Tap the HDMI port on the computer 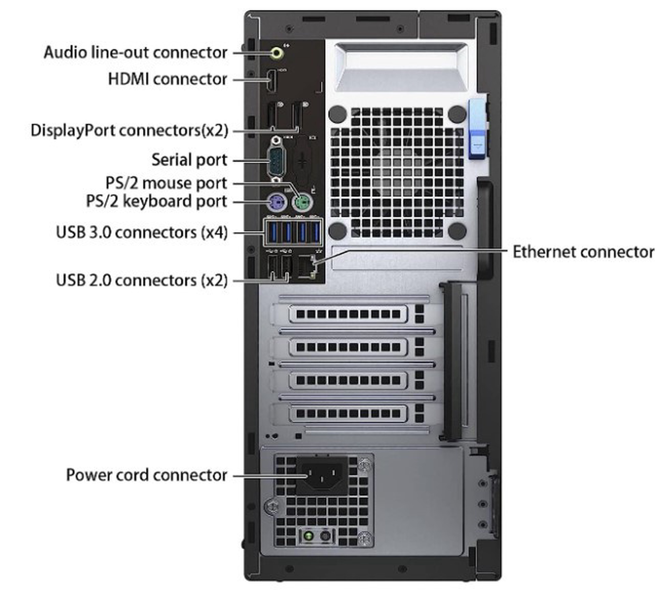pos(272,81)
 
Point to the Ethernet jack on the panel pos(306,267)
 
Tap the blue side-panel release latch pos(477,129)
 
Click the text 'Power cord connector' pos(147,475)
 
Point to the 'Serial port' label pos(189,160)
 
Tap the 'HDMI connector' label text pos(167,79)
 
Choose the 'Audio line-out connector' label pos(136,53)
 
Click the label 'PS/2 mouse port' pos(166,183)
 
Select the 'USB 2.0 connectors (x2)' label pos(142,281)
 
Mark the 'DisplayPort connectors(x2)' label pos(130,130)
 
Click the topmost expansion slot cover pos(348,314)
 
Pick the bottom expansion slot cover pos(348,413)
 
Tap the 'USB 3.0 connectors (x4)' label pos(142,233)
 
